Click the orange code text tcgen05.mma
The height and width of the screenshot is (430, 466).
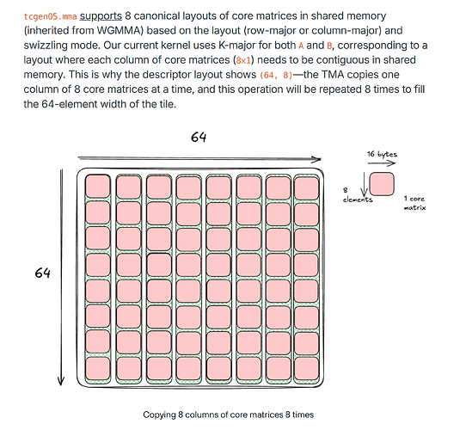coord(50,16)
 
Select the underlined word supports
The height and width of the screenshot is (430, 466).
coord(101,16)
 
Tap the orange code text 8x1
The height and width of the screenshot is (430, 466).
coord(243,60)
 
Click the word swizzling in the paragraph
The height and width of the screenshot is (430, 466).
coord(46,46)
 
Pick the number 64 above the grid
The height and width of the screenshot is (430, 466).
coord(199,137)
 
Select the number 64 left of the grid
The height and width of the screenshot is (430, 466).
coord(42,273)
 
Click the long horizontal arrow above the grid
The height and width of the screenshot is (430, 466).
coord(199,159)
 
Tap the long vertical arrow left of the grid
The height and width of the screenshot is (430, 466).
coord(61,277)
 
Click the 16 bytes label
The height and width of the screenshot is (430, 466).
coord(382,154)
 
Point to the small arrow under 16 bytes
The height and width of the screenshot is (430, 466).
coord(382,163)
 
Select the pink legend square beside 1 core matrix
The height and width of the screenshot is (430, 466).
coord(382,184)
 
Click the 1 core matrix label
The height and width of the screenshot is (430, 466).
coord(414,203)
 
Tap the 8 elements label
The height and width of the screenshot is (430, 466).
coord(357,195)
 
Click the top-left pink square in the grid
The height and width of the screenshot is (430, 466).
coord(97,187)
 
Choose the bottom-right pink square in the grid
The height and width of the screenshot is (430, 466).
coord(306,369)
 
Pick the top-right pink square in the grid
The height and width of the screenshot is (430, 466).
coord(306,187)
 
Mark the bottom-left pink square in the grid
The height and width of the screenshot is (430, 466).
coord(97,369)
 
